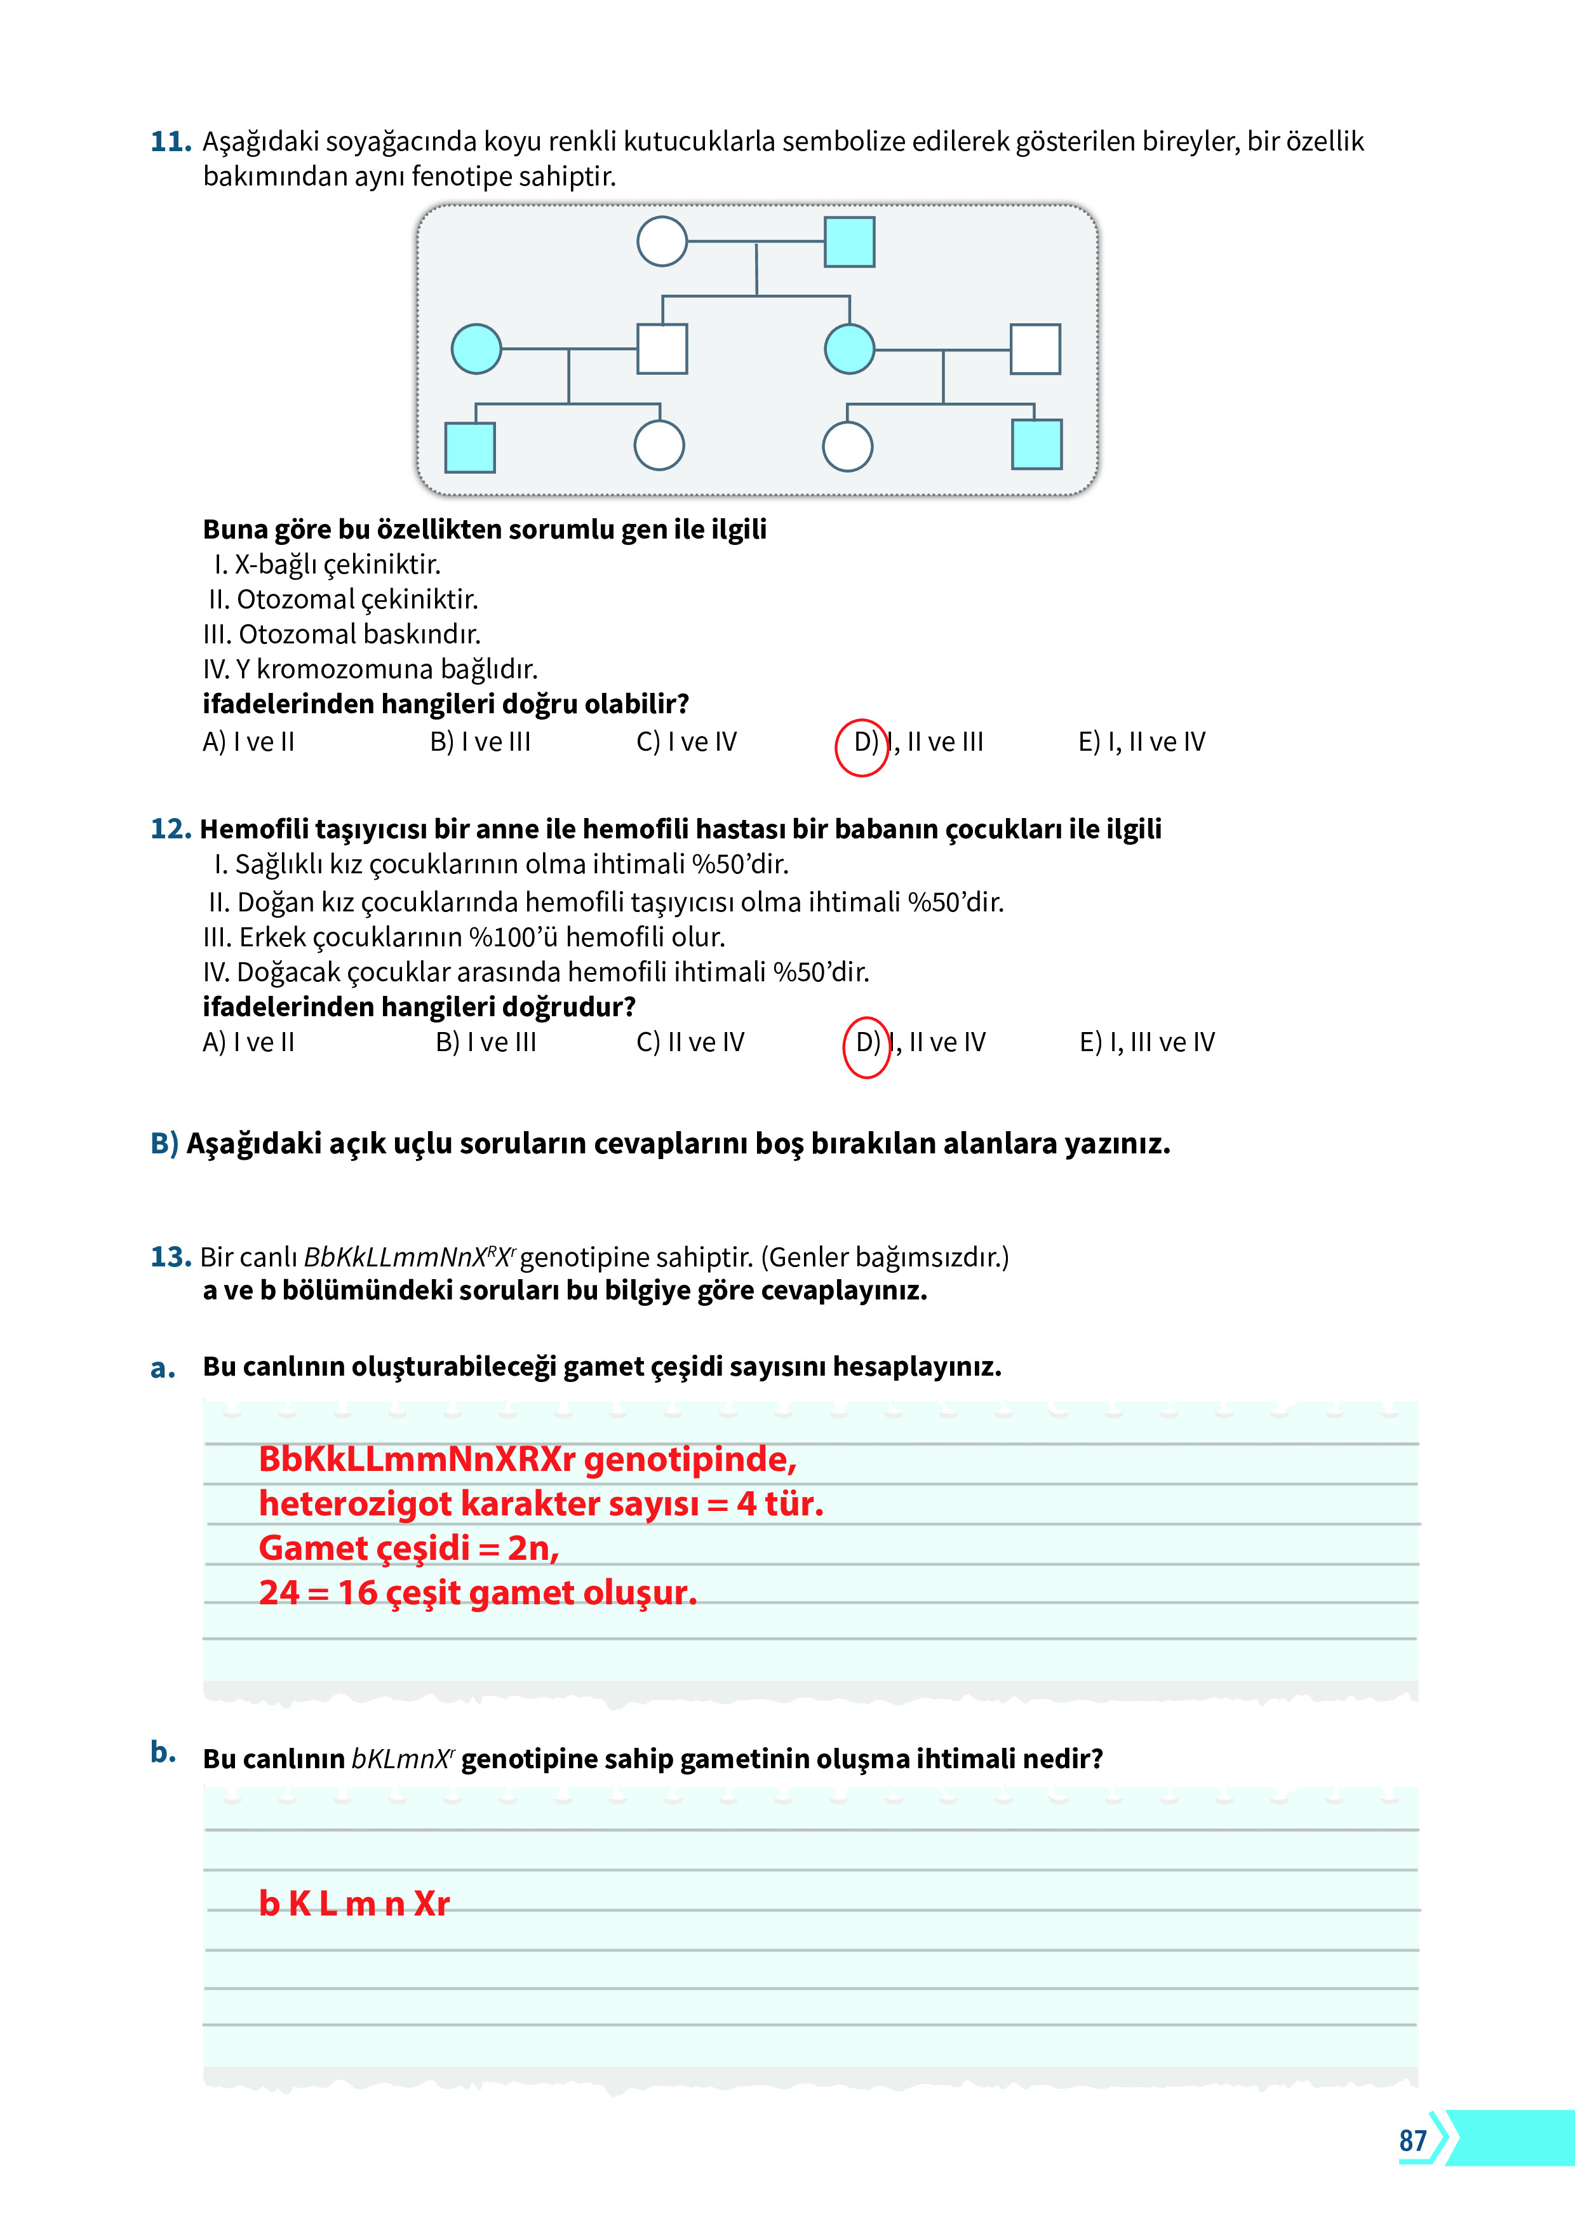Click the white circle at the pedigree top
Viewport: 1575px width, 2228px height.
pos(662,241)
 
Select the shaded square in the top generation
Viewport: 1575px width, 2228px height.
pos(849,241)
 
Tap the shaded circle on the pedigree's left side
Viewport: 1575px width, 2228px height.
pos(476,349)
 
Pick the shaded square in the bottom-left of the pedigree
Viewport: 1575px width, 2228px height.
pos(470,447)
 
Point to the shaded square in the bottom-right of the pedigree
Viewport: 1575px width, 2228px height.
pos(1036,445)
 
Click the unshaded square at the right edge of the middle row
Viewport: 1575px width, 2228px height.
pos(1035,349)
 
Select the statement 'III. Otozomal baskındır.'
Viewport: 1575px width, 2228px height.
pos(342,634)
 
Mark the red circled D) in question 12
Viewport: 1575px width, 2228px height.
pos(867,1046)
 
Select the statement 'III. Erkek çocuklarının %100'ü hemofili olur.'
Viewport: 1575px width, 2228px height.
pos(464,937)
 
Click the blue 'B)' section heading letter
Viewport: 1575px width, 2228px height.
pos(164,1143)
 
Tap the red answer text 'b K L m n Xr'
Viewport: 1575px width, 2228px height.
pos(354,1904)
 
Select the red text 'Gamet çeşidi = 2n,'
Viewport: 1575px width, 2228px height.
pos(408,1548)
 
